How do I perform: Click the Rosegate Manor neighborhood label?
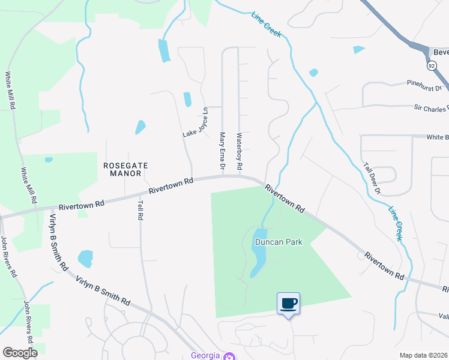pos(125,169)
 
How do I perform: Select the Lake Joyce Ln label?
pos(195,122)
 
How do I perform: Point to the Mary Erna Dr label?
pos(222,151)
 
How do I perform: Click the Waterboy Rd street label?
pos(239,151)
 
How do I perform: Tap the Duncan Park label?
pos(279,242)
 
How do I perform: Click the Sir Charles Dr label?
pos(430,108)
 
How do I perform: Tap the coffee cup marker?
pos(288,303)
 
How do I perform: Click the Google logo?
pos(20,353)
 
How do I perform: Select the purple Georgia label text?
pos(205,355)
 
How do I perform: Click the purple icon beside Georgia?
pos(228,356)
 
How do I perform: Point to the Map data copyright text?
pos(423,355)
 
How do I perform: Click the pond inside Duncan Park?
pos(259,252)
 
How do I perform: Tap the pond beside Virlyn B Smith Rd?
pos(86,258)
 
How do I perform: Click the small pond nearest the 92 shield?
pos(359,50)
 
